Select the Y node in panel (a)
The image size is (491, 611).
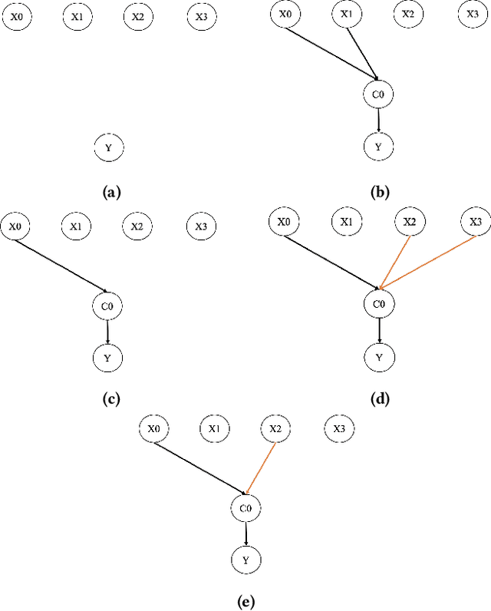[108, 147]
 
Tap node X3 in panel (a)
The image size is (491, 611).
[201, 18]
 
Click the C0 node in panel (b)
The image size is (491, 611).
[377, 94]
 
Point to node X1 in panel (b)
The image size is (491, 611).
[347, 15]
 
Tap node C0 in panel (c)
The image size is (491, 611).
[107, 307]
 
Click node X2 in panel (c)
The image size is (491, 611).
[137, 226]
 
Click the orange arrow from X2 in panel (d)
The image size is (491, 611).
[394, 260]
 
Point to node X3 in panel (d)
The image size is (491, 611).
[475, 223]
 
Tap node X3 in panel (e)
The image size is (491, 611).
[339, 428]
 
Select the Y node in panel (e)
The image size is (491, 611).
[245, 560]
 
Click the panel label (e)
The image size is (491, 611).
[245, 602]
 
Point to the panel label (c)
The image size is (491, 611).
[108, 398]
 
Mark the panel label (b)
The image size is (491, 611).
[378, 193]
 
